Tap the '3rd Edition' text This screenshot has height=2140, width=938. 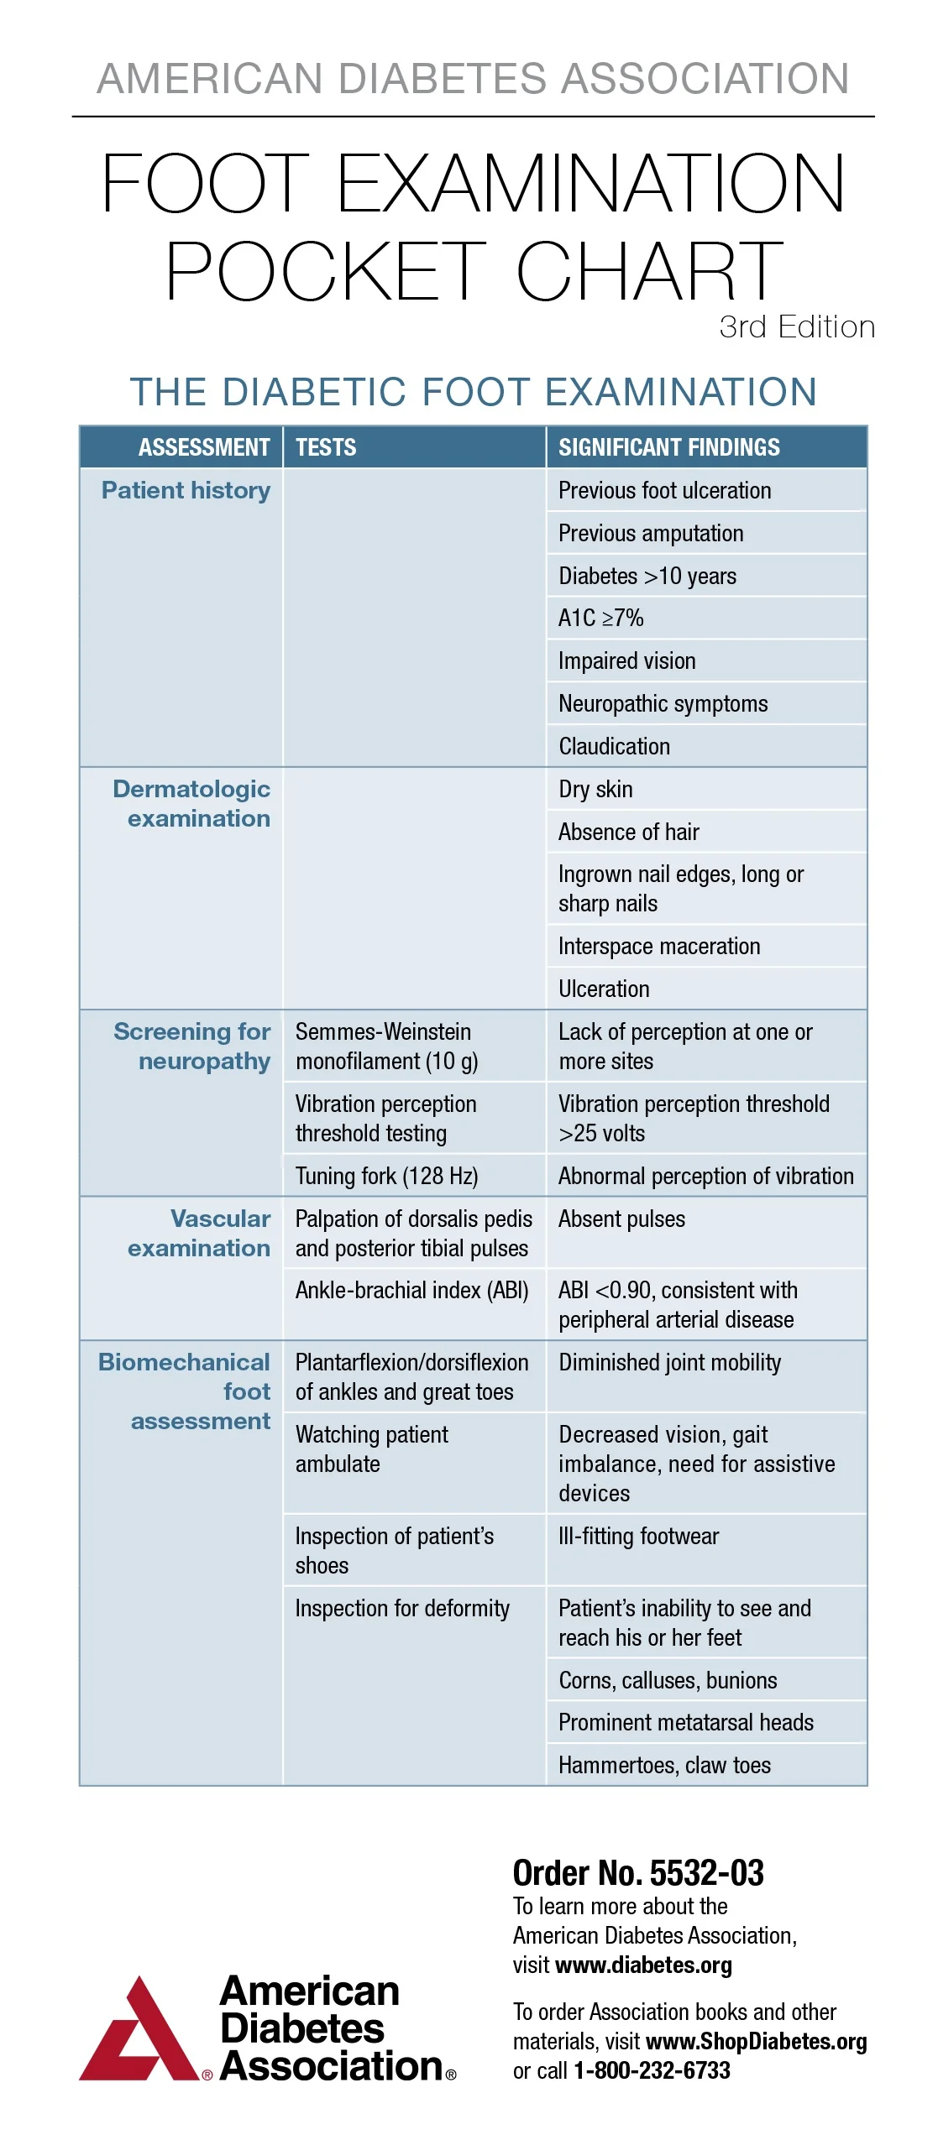point(796,327)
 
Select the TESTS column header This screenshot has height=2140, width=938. point(326,447)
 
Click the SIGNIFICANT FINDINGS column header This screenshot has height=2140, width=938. point(668,447)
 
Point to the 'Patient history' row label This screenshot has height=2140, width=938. point(186,491)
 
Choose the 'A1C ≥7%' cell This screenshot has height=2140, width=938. point(600,619)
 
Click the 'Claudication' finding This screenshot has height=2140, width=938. point(614,746)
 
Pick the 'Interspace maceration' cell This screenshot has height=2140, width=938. point(659,946)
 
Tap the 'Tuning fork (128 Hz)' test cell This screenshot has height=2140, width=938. point(386,1176)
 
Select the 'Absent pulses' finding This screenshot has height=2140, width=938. point(621,1219)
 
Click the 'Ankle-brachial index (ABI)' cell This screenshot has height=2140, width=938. point(411,1290)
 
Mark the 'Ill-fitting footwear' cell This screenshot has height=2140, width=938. point(638,1536)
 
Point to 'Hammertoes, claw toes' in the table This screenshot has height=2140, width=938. point(664,1765)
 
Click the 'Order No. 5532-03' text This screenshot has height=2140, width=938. point(638,1873)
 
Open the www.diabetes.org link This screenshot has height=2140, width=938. point(643,1965)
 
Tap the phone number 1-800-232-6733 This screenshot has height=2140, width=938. point(652,2070)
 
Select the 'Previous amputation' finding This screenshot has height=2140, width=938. point(651,534)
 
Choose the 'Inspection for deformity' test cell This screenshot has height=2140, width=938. point(402,1608)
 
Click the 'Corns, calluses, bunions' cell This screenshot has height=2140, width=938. point(668,1680)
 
